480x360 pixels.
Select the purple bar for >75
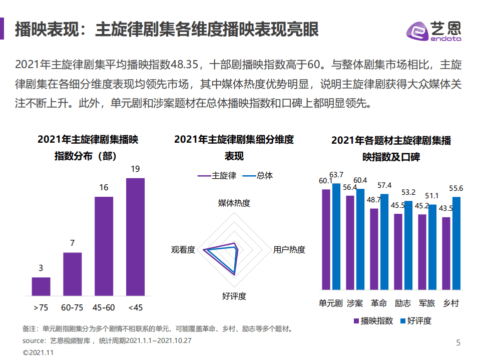[41, 286]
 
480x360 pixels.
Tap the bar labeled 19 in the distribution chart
[135, 236]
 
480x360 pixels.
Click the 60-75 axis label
[72, 307]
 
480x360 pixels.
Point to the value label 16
[104, 188]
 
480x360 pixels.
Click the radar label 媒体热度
[234, 203]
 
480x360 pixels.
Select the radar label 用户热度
[289, 249]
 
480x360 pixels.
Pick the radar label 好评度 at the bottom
[234, 296]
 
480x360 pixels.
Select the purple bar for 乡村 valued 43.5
[446, 253]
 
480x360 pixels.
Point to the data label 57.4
[384, 186]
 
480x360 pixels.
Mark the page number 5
[458, 343]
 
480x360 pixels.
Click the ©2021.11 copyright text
[38, 352]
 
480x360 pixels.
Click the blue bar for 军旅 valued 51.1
[432, 247]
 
